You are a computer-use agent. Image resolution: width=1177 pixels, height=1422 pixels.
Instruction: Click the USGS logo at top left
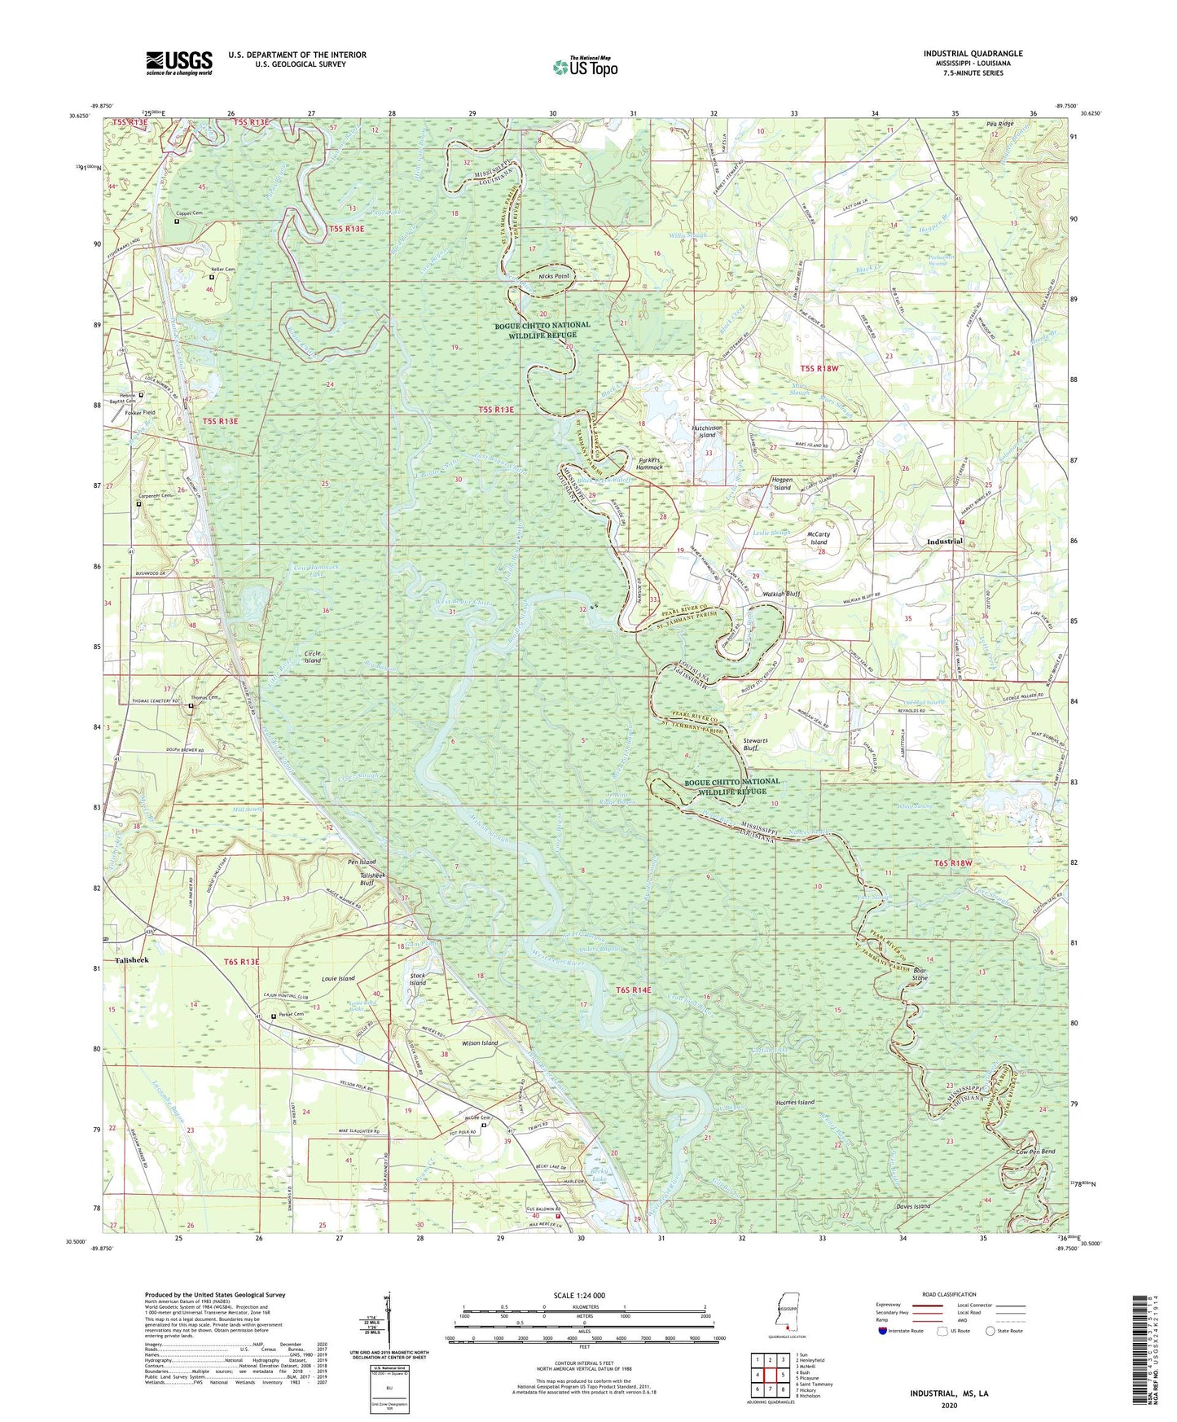pyautogui.click(x=179, y=62)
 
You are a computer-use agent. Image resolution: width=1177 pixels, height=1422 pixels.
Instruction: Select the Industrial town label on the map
pyautogui.click(x=945, y=542)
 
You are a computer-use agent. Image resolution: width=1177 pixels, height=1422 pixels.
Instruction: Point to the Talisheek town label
pyautogui.click(x=132, y=960)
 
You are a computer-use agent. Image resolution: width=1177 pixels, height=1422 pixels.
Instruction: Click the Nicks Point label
pyautogui.click(x=554, y=276)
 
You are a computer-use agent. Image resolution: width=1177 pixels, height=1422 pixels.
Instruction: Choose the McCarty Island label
pyautogui.click(x=818, y=538)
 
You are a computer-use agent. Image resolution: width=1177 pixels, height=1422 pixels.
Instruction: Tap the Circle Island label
pyautogui.click(x=313, y=656)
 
